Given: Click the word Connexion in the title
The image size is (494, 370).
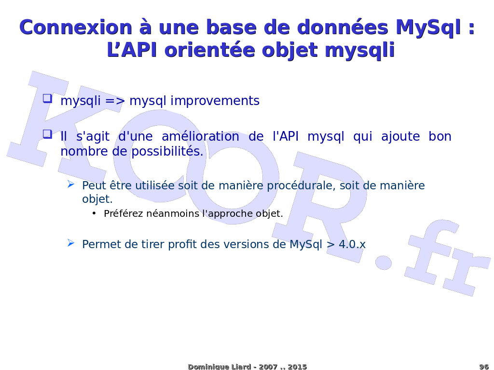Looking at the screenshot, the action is (x=76, y=27).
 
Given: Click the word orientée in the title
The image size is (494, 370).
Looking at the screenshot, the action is (x=209, y=50).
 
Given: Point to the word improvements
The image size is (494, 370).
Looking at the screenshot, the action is (x=215, y=101).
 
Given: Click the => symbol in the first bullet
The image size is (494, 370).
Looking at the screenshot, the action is (x=115, y=101).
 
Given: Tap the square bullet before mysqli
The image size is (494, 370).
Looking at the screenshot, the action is (x=48, y=98).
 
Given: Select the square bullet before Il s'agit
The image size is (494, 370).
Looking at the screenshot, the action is (x=48, y=134).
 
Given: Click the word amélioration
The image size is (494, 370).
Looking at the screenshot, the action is (x=200, y=136).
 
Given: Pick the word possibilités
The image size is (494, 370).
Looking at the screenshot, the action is (x=167, y=152).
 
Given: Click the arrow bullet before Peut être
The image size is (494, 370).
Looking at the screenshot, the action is (x=71, y=184).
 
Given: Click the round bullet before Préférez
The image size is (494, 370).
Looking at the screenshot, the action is (x=94, y=213).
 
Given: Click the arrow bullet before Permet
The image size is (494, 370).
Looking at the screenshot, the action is (x=71, y=243).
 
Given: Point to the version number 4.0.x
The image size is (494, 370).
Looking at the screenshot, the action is (x=352, y=244).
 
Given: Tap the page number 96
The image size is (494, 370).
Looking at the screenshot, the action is (x=483, y=367).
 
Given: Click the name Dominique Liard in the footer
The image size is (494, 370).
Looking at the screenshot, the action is (x=220, y=367).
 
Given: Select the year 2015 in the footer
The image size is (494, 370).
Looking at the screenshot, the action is (x=297, y=367).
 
